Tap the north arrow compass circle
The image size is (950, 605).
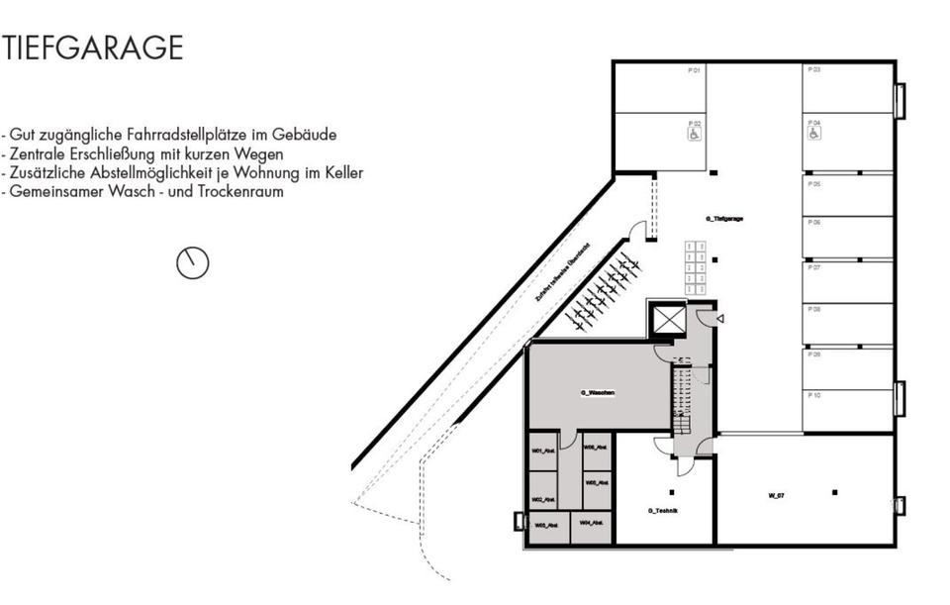(193, 262)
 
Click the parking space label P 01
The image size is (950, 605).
(694, 70)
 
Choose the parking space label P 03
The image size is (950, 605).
(814, 70)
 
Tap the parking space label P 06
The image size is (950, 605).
(814, 223)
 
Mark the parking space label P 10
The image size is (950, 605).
(814, 395)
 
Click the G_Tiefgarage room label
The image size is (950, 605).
(723, 218)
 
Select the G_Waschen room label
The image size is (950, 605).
(598, 393)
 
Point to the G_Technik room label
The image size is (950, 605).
(662, 510)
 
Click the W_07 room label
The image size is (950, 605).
(776, 494)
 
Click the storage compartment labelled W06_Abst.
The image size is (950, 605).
(596, 448)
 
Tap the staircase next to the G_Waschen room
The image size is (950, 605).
(681, 401)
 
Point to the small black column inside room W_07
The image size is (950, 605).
(834, 492)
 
